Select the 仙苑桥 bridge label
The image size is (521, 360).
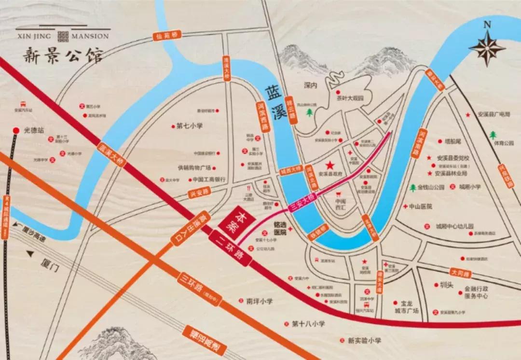point(166,36)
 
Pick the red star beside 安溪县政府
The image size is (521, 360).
point(329,166)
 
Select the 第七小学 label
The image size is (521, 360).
point(189,126)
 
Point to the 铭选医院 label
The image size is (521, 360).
point(280,228)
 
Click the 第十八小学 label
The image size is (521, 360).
point(308,324)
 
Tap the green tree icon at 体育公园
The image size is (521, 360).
point(493,135)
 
